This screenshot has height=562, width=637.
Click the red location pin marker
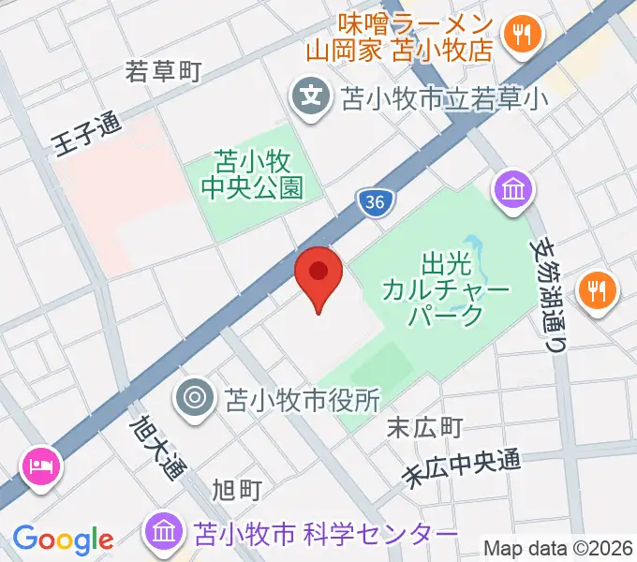click(x=318, y=274)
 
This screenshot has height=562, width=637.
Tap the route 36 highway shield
click(x=375, y=202)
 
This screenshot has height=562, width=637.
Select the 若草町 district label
click(x=164, y=71)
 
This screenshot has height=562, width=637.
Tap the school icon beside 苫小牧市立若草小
click(x=309, y=95)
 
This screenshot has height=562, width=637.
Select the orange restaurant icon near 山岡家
click(x=517, y=36)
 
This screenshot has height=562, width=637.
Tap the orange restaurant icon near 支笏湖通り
click(x=597, y=289)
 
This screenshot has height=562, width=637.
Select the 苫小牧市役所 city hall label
click(x=302, y=400)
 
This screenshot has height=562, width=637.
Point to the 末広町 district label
click(x=424, y=428)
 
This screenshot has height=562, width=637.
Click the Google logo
click(x=63, y=539)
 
